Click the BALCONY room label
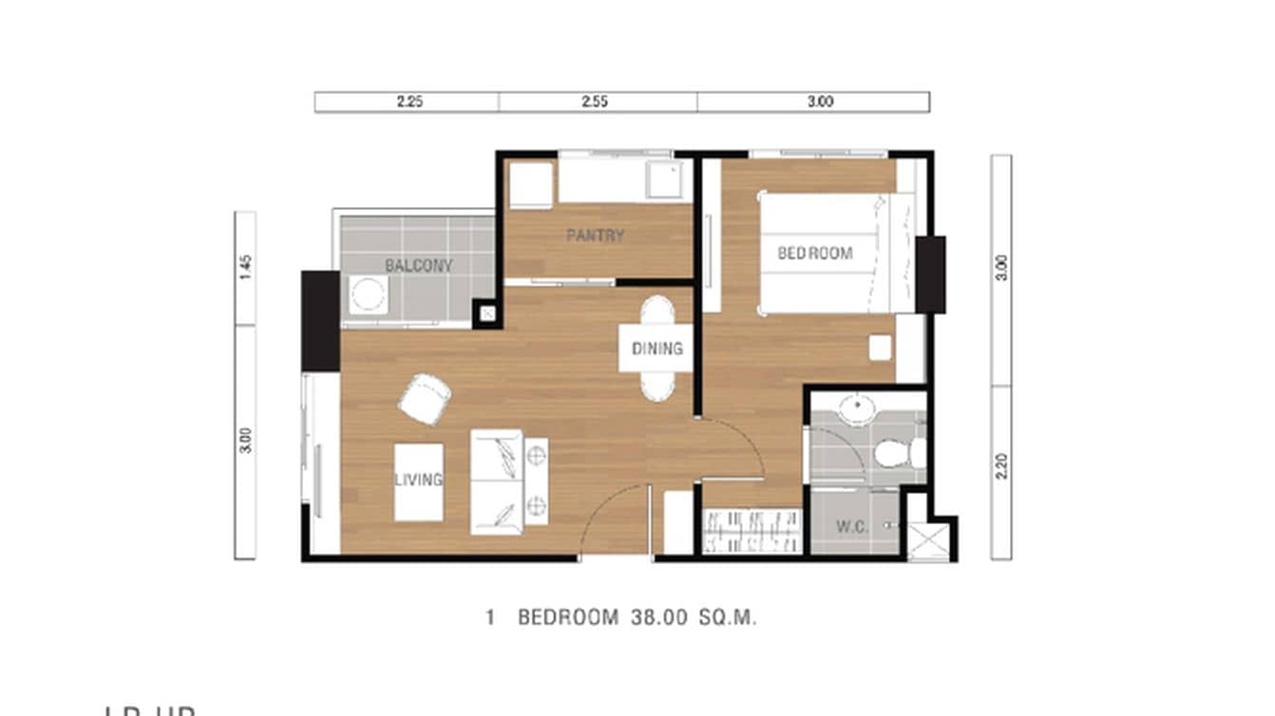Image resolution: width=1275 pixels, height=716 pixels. tap(418, 266)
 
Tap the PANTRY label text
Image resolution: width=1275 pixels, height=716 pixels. tap(596, 236)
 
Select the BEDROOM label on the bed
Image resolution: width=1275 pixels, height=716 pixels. tap(815, 254)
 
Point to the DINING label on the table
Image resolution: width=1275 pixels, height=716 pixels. tap(657, 349)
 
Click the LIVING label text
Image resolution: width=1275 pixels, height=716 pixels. tap(419, 480)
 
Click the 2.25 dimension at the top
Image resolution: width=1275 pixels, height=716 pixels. tap(409, 103)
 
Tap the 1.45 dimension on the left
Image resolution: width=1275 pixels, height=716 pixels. tap(245, 268)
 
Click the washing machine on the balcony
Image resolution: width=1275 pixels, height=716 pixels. tap(367, 295)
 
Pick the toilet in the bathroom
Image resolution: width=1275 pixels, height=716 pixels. tap(898, 453)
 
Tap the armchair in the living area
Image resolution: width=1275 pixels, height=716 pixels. tap(425, 399)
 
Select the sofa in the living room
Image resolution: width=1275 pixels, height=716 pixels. tap(497, 481)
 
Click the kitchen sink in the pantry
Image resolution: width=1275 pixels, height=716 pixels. tap(664, 180)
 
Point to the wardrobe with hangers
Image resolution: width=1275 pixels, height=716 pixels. tap(751, 531)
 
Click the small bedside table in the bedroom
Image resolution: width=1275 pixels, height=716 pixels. tap(880, 349)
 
